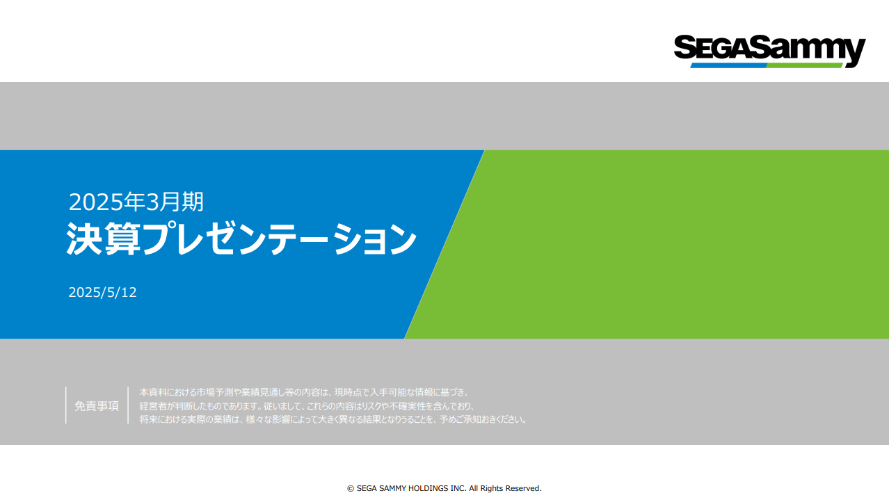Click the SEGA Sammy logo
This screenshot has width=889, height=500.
coord(769,51)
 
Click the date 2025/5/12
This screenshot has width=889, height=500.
coord(102,293)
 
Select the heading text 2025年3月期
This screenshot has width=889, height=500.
coord(136,202)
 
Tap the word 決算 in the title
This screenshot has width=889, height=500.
coord(104,239)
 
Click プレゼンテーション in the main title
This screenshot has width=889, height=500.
coord(280,239)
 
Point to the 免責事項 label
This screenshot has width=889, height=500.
coord(97,406)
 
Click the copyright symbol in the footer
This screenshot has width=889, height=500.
coord(351,488)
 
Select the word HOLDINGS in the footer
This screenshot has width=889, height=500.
coord(429,488)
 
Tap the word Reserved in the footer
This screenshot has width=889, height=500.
coord(524,488)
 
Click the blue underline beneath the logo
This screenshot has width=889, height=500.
coord(729,65)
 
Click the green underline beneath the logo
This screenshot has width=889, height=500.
coord(804,65)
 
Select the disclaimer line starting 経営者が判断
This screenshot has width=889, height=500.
coord(307,406)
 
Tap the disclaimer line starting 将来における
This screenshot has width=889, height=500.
coord(333,419)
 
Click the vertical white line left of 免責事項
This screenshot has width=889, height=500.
coord(66,405)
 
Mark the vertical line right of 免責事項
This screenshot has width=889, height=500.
coord(128,405)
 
